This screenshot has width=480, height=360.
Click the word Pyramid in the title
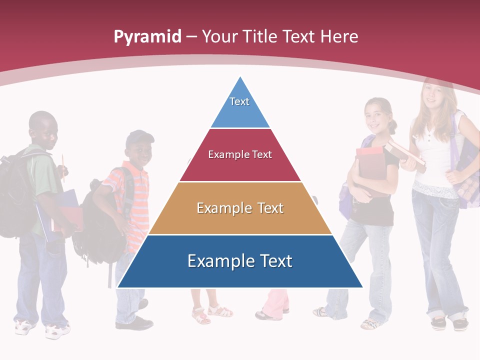[147, 37]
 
